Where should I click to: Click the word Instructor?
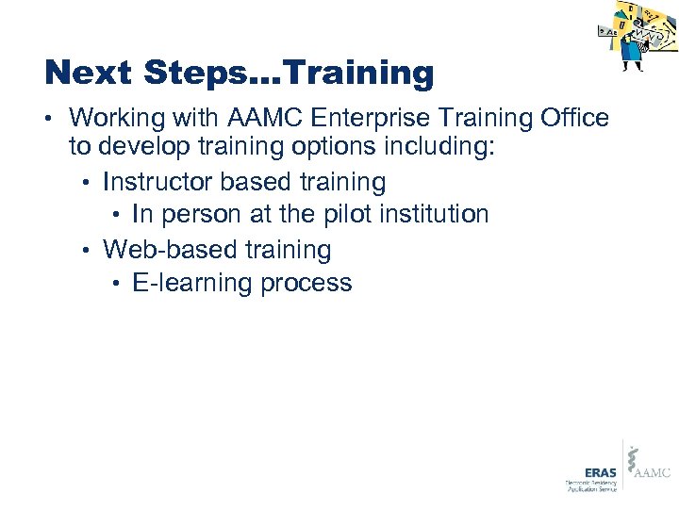159,181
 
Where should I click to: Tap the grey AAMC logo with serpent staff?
649,466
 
